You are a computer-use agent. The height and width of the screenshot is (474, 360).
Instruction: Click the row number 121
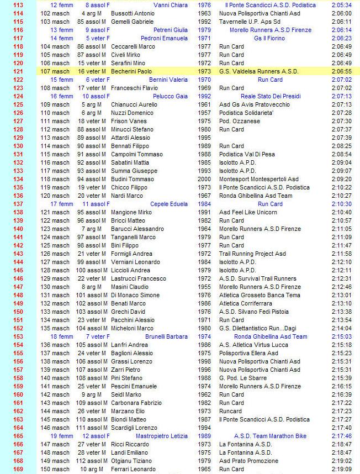tap(18, 71)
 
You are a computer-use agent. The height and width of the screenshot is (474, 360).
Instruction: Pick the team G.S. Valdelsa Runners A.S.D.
tap(259, 71)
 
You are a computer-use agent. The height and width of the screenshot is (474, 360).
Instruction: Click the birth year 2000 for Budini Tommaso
tap(204, 179)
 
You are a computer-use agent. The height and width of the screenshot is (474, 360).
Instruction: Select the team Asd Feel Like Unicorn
tap(248, 212)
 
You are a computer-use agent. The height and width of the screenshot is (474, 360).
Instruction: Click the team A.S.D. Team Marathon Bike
tap(270, 436)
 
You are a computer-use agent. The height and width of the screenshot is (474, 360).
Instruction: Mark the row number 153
tap(18, 336)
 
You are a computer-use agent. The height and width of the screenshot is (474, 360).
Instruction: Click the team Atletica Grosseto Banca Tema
tap(260, 295)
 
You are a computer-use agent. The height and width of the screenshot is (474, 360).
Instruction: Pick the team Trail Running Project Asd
tap(252, 254)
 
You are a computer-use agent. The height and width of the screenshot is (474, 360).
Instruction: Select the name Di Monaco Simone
tap(132, 295)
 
